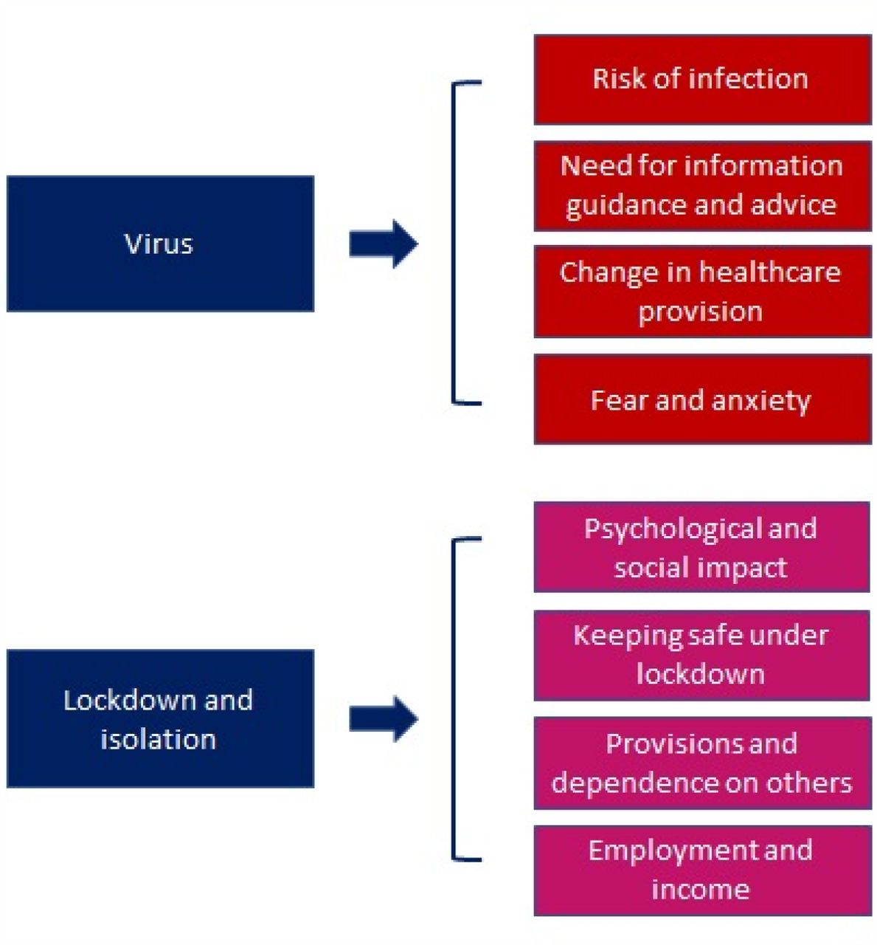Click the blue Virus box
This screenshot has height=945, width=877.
[x=160, y=243]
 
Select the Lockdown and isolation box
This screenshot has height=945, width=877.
[x=160, y=718]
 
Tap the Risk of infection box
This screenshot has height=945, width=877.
[x=702, y=80]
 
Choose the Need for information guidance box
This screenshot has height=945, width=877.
[x=702, y=185]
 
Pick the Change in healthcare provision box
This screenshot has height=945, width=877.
[x=702, y=291]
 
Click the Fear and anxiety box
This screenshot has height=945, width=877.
[x=702, y=399]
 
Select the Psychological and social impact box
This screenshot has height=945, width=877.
[x=701, y=547]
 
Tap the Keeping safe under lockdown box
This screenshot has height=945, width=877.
[x=701, y=655]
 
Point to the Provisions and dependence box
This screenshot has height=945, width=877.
[x=701, y=763]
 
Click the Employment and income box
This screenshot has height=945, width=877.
[x=701, y=870]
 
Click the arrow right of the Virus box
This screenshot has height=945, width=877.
[x=384, y=244]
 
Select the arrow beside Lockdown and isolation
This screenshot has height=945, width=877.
[x=384, y=718]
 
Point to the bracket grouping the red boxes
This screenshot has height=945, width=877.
[x=453, y=243]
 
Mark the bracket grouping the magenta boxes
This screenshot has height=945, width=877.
[x=453, y=699]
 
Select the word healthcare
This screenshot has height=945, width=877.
[x=769, y=272]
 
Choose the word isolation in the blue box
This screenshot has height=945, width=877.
[x=159, y=740]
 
